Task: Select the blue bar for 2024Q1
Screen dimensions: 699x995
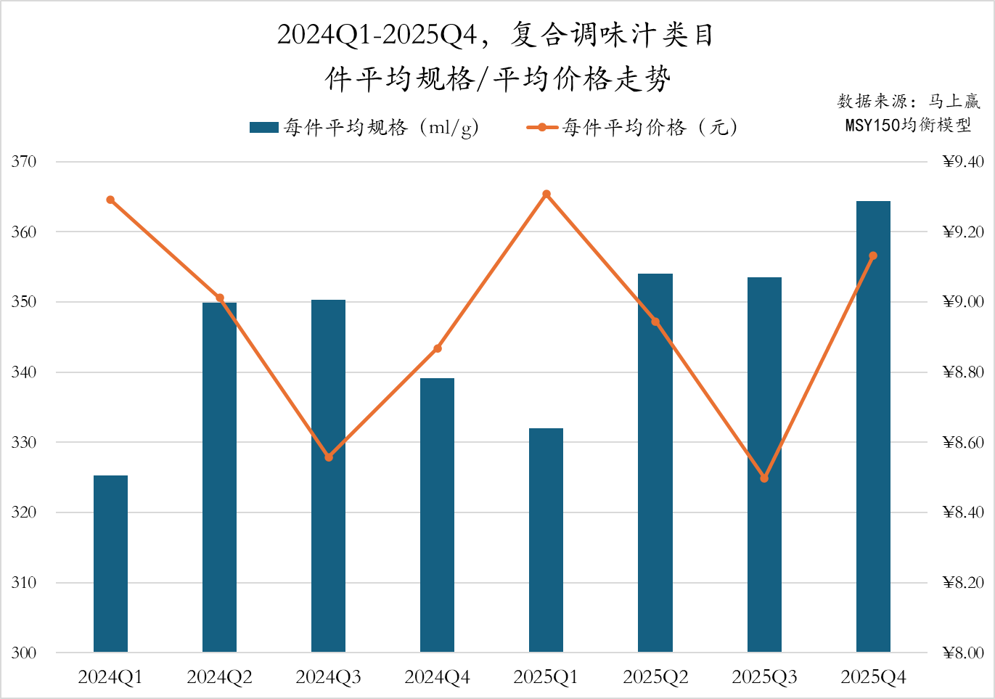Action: [110, 563]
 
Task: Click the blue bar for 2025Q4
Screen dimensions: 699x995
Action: [873, 426]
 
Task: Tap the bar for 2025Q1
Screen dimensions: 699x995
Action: [546, 540]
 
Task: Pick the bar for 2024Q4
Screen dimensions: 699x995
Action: [437, 515]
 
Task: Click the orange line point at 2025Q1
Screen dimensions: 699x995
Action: [546, 195]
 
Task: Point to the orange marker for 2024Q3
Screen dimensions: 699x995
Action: [329, 457]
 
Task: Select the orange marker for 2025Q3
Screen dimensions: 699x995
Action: [764, 478]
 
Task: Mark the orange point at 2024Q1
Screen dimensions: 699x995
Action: [110, 200]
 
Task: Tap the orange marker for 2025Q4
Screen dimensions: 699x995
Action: [873, 256]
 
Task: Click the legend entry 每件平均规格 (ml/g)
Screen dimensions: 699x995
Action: [363, 128]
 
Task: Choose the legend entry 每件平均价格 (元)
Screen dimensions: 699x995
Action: [631, 128]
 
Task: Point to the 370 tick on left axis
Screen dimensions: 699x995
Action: [24, 162]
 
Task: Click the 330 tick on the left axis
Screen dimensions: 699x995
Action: [24, 442]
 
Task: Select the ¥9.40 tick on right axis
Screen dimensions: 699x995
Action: [963, 162]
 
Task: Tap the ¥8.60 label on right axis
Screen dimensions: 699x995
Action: [963, 442]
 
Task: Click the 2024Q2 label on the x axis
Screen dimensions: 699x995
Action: [219, 677]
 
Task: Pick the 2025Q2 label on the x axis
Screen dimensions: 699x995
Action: [655, 677]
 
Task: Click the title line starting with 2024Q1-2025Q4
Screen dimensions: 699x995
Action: [496, 35]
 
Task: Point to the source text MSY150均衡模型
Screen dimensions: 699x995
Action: [908, 125]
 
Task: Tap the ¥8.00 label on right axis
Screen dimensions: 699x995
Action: [963, 653]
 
